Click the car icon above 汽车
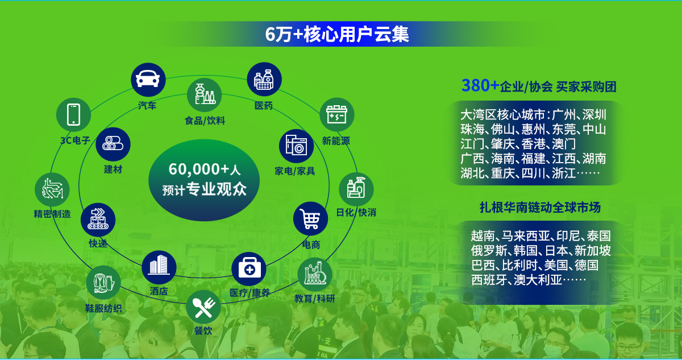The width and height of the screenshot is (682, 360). tap(148, 80)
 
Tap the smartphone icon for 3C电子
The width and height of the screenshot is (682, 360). tap(73, 115)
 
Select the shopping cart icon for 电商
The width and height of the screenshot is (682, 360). tap(310, 219)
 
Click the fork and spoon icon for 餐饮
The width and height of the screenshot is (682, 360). tap(203, 307)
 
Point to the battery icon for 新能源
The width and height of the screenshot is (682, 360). tap(336, 114)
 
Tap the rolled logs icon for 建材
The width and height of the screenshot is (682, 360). tap(113, 144)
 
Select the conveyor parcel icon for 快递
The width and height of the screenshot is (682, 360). tap(98, 220)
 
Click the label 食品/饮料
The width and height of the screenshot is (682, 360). tap(205, 121)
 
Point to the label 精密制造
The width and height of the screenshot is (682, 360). tap(52, 214)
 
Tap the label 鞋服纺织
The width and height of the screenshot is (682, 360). tap(103, 308)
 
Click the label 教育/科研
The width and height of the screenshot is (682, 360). tap(314, 299)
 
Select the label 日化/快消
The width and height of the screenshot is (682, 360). tap(356, 212)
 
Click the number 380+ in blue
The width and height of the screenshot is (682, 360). tap(480, 85)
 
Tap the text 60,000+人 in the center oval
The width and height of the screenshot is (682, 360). tap(204, 169)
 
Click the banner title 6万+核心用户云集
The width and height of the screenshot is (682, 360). tap(337, 34)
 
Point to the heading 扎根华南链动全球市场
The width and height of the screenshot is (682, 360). tap(540, 208)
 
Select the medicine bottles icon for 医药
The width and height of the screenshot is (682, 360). tap(264, 79)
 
